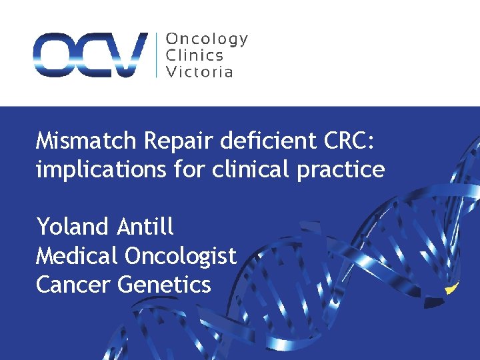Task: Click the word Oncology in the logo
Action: pos(207,39)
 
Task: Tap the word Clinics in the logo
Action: pos(194,55)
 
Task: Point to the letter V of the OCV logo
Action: pos(128,55)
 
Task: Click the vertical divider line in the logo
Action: pos(157,55)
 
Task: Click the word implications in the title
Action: pos(100,170)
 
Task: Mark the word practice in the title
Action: pos(342,170)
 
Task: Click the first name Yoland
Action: pos(72,227)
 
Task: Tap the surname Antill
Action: pos(145,227)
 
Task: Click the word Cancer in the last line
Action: pos(73,285)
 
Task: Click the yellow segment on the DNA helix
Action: pos(453,288)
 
